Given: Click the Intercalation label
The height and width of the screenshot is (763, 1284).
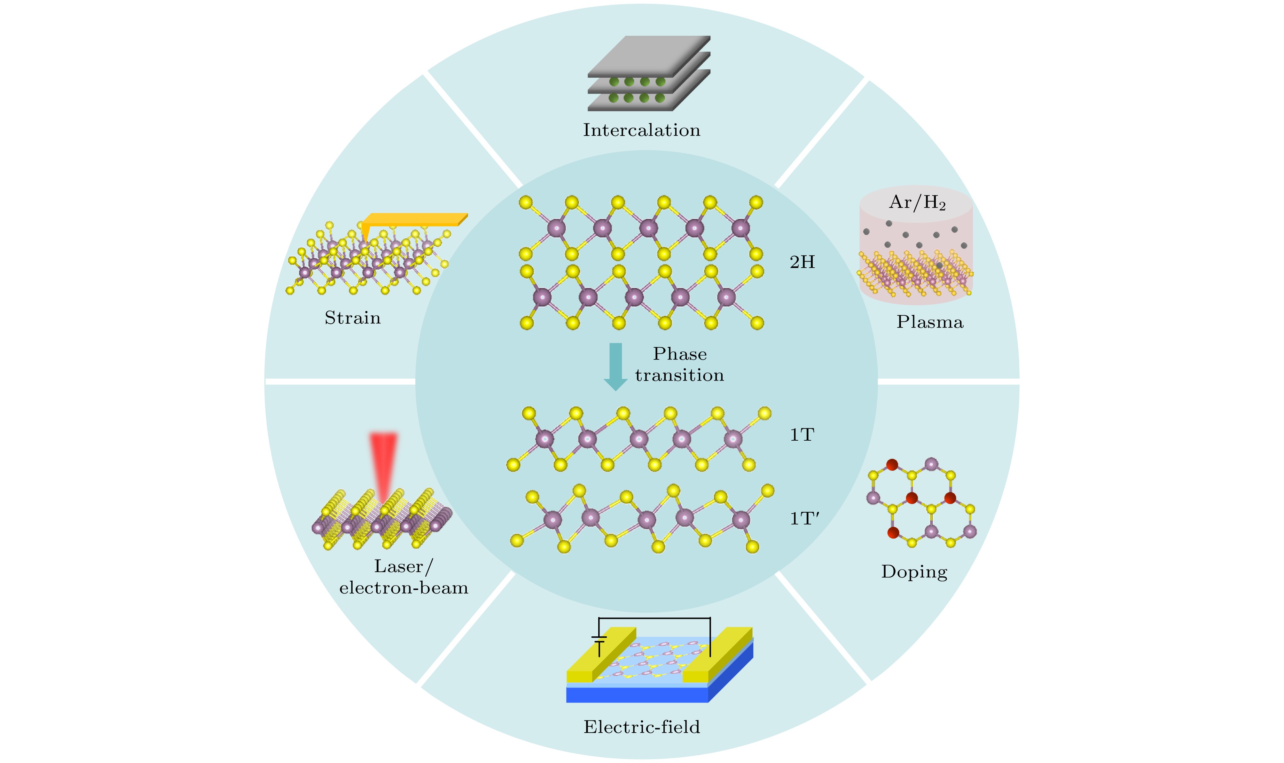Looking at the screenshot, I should (x=641, y=130).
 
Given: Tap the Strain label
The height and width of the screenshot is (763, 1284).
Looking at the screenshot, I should (x=353, y=318).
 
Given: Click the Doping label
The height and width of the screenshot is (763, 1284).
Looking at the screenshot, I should (x=914, y=572).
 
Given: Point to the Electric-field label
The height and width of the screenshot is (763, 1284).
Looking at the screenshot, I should (x=641, y=727).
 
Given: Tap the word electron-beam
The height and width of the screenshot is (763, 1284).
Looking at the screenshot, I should (x=404, y=588).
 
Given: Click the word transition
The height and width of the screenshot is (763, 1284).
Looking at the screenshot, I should (x=679, y=375).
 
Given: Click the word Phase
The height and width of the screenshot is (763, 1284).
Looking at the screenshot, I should (x=679, y=354).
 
